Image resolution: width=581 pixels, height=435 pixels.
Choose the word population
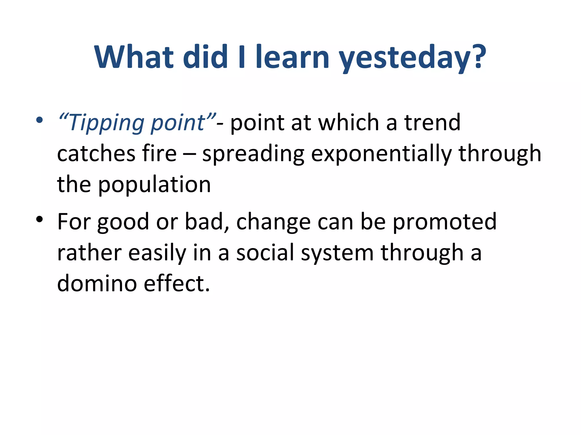click(x=155, y=185)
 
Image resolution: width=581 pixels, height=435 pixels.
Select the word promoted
click(x=445, y=222)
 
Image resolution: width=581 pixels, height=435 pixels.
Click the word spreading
click(x=253, y=154)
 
